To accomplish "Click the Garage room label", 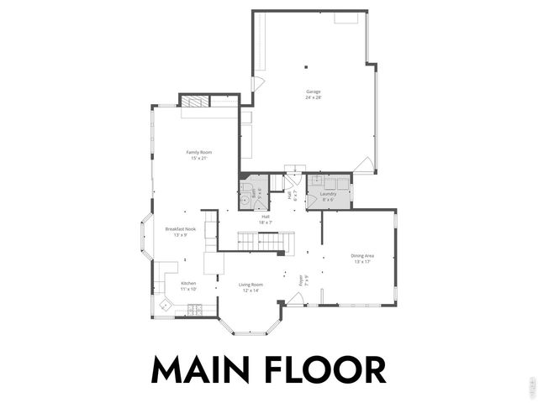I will click(x=314, y=92).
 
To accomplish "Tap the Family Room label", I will click(x=198, y=152).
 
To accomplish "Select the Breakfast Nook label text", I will click(x=181, y=229).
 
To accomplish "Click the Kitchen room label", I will click(x=188, y=283).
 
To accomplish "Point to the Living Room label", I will click(x=251, y=285).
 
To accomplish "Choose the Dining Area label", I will click(x=362, y=255).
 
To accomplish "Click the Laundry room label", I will click(x=328, y=194).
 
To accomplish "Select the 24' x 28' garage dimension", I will click(x=314, y=97).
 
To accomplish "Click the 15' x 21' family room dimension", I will click(x=198, y=158).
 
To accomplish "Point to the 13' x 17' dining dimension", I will click(x=362, y=261).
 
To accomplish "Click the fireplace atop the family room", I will click(x=193, y=102).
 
